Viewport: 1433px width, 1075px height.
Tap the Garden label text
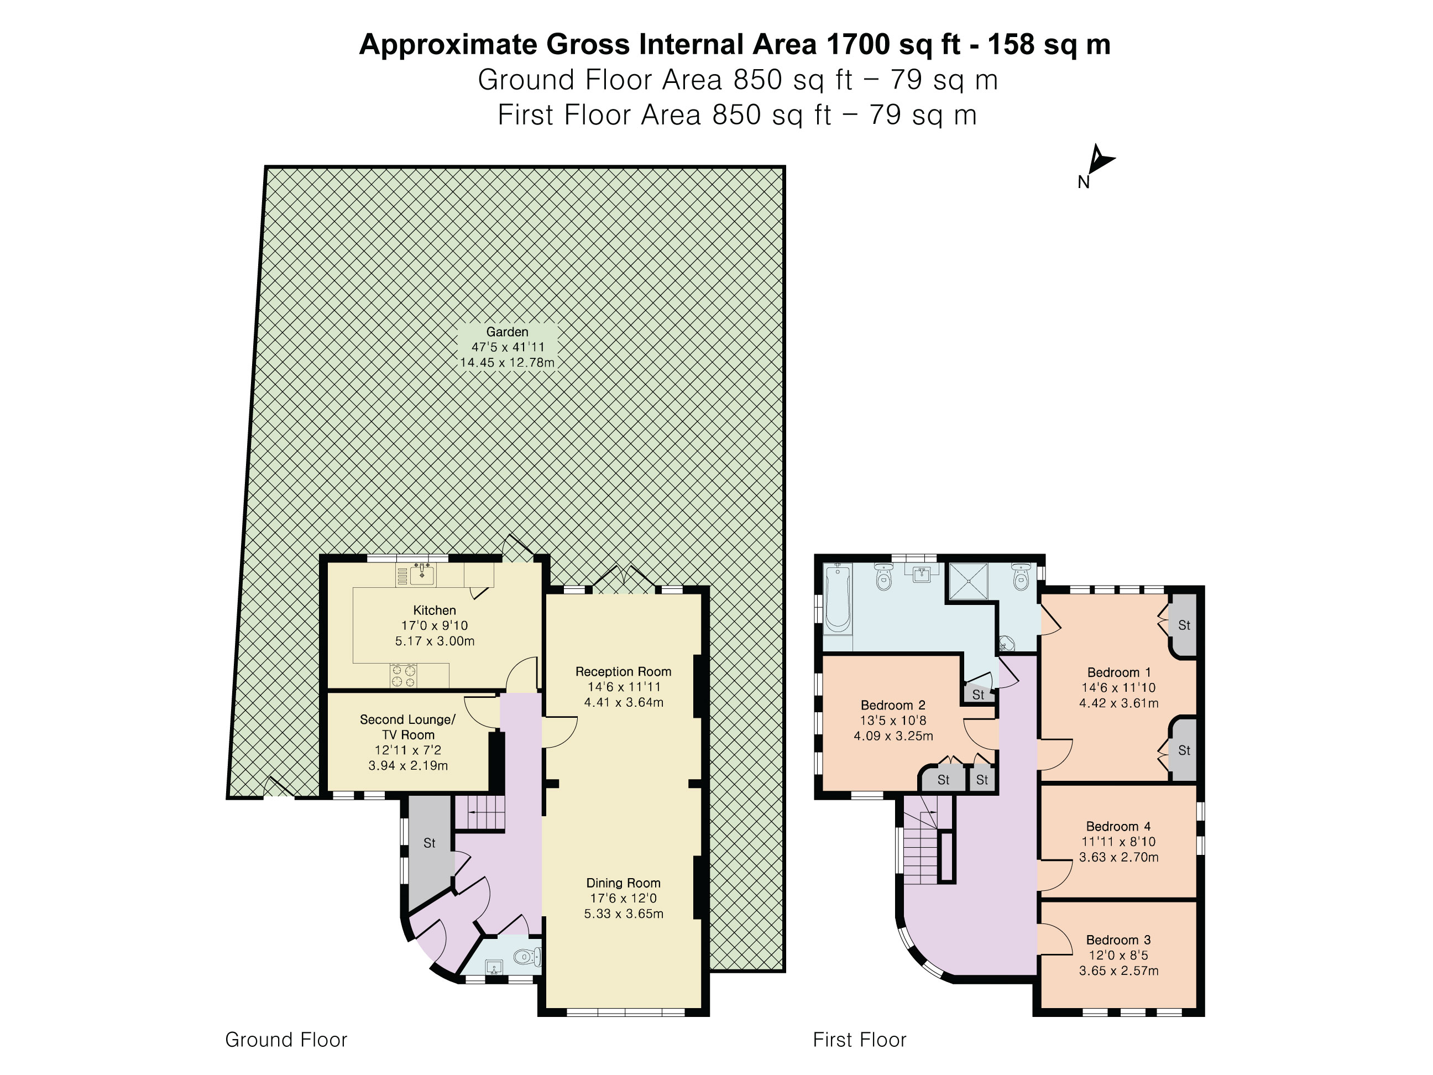[x=508, y=332]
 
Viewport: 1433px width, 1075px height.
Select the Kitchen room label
[x=434, y=610]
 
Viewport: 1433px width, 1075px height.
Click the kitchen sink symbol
[x=423, y=574]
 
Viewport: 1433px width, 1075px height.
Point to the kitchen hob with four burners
[x=403, y=676]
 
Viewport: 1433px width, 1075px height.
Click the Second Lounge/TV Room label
[x=407, y=727]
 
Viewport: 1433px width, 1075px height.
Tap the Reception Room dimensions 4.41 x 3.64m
[x=623, y=702]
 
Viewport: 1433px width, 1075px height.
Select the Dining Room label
[x=623, y=883]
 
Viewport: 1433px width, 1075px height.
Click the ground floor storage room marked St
[x=430, y=843]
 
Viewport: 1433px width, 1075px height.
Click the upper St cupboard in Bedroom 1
[x=1184, y=625]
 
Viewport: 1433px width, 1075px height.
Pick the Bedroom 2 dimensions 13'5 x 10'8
[x=893, y=721]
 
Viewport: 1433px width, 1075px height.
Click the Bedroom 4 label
[x=1118, y=827]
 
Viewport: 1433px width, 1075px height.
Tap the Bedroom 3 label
[x=1118, y=940]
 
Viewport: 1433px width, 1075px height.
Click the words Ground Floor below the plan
[x=286, y=1040]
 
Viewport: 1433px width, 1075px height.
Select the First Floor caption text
[x=859, y=1040]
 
